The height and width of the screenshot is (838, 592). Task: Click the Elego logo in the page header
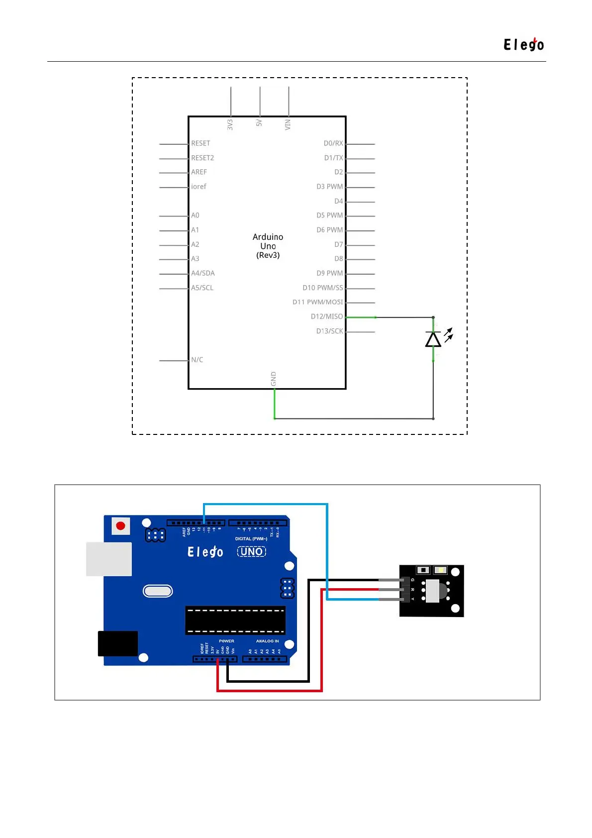(x=523, y=45)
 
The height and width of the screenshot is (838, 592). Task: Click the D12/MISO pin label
(x=327, y=316)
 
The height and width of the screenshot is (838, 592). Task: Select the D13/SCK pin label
(x=329, y=331)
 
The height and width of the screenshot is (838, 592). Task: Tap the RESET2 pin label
(x=202, y=158)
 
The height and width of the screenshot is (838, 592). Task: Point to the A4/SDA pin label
(x=203, y=273)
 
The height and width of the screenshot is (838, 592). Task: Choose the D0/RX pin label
(x=333, y=143)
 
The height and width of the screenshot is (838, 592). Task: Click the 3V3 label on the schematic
(x=230, y=124)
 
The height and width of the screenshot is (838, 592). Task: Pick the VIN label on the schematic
(x=288, y=124)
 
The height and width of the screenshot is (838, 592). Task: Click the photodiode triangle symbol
(x=433, y=339)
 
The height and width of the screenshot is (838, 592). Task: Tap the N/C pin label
(x=197, y=360)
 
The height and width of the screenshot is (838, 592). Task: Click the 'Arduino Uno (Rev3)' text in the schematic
(x=268, y=246)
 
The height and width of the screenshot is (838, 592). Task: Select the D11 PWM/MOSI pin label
(x=317, y=302)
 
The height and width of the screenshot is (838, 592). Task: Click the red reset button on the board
(x=120, y=525)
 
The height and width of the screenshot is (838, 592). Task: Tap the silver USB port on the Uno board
(x=109, y=559)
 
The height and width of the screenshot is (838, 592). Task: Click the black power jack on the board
(x=118, y=643)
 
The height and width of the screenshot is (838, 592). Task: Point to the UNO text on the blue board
(x=252, y=551)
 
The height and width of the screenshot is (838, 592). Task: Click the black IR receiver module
(x=432, y=591)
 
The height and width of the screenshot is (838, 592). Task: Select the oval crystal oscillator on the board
(x=158, y=591)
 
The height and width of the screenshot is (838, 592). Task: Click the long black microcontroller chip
(x=235, y=620)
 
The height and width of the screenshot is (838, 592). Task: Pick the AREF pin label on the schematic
(x=199, y=172)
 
